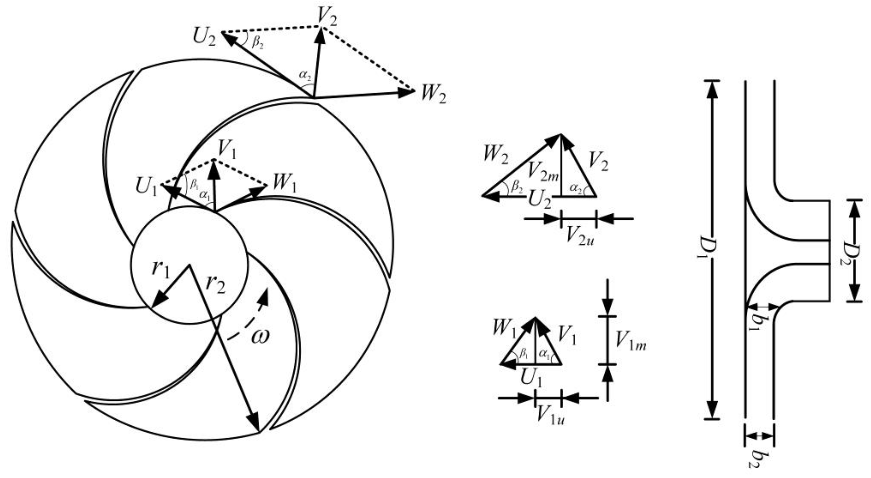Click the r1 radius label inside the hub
[161, 270]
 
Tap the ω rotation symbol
[260, 336]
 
